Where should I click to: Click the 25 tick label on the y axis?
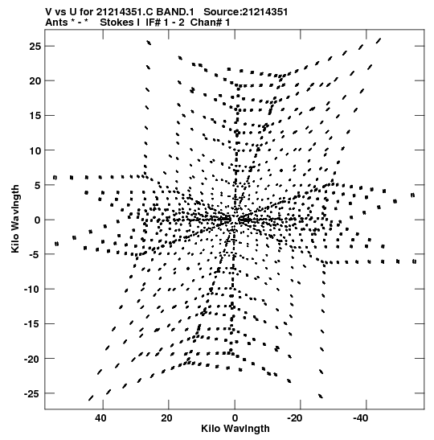point(35,47)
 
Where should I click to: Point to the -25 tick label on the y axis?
point(32,393)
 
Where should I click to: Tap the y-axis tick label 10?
point(35,150)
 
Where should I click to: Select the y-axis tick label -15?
point(32,324)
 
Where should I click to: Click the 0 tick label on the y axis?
point(38,220)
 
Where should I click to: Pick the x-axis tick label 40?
point(100,418)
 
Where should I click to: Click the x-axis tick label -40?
point(360,418)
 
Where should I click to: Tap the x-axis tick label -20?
point(295,418)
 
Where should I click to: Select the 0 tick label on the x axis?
point(235,418)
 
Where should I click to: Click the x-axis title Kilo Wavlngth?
point(235,429)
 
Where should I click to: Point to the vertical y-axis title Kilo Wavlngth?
point(15,219)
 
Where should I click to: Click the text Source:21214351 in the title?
point(246,12)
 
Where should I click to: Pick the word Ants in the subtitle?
point(56,23)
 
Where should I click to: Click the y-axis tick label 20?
point(35,81)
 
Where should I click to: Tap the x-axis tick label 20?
point(166,418)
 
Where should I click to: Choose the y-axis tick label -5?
point(35,254)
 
